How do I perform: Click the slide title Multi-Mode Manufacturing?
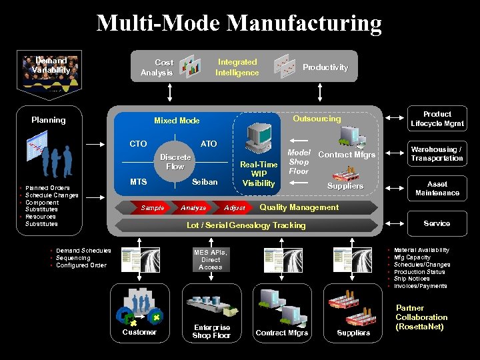239,23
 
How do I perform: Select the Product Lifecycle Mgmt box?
437,119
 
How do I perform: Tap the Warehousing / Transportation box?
437,154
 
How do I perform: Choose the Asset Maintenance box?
437,189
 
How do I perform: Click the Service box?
437,223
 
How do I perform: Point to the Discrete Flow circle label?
175,162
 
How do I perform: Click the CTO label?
138,144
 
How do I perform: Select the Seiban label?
205,182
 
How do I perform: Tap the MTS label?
139,182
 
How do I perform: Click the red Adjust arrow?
235,208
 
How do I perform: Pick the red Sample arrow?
153,208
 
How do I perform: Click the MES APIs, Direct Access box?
210,260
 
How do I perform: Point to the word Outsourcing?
317,119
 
